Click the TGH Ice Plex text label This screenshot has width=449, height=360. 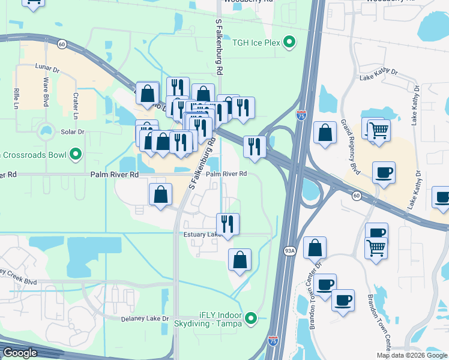click(257, 42)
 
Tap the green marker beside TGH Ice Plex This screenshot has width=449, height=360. click(289, 42)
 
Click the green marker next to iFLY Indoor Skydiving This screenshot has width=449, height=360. click(253, 318)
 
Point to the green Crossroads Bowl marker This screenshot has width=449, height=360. click(76, 155)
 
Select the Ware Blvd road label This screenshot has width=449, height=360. click(45, 92)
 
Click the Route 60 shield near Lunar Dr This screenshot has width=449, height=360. click(62, 44)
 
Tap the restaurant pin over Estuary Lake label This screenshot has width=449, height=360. click(228, 224)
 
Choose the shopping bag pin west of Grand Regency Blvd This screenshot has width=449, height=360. click(325, 133)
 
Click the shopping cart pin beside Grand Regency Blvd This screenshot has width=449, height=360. click(378, 130)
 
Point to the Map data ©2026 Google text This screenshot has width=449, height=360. click(412, 355)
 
